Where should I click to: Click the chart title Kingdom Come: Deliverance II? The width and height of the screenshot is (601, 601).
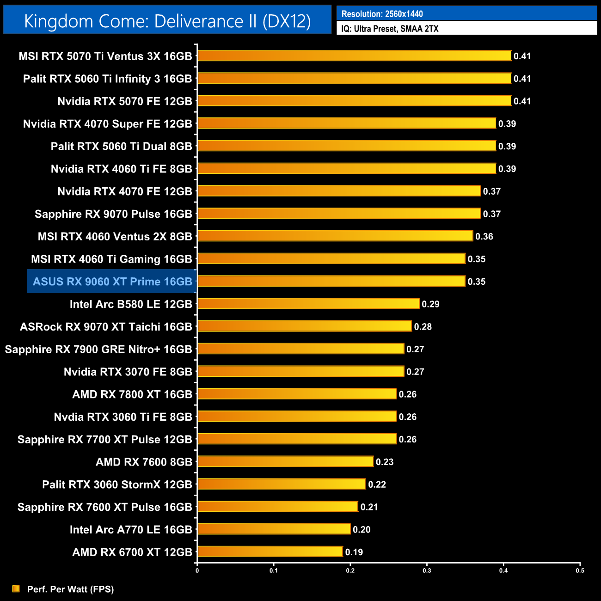(x=167, y=21)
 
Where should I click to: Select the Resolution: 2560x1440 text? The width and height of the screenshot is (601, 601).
(x=382, y=14)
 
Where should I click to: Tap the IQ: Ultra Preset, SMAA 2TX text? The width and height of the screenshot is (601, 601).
(x=390, y=29)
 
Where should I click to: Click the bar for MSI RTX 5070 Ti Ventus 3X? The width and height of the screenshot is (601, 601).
(x=354, y=56)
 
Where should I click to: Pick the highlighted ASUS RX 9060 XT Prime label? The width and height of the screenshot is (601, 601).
(x=112, y=282)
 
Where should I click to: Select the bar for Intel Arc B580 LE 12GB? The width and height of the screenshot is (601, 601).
(x=308, y=304)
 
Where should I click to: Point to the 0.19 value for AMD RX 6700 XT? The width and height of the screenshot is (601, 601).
(x=354, y=552)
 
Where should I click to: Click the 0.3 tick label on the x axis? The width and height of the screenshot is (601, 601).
(x=427, y=570)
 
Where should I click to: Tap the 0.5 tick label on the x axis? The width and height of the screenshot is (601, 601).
(x=580, y=570)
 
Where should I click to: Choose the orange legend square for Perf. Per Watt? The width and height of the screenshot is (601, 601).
(x=16, y=589)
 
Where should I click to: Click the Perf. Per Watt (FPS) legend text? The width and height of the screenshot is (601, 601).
(x=70, y=589)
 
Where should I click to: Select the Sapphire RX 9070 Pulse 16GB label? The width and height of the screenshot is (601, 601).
(x=113, y=214)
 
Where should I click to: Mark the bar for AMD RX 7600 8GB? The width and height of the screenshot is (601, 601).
(x=285, y=461)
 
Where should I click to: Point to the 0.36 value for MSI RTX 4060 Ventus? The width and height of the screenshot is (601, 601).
(x=484, y=237)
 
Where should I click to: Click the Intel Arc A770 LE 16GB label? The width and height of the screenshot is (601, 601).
(x=131, y=530)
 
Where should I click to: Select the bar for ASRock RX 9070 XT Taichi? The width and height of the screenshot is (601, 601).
(x=304, y=326)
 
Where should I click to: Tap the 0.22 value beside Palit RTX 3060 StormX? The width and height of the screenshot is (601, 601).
(x=377, y=484)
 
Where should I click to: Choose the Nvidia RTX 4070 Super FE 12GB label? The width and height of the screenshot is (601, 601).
(x=107, y=124)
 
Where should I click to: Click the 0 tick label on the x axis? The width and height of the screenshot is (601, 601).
(x=197, y=570)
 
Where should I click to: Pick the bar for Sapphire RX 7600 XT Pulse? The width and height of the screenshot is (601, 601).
(x=277, y=507)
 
